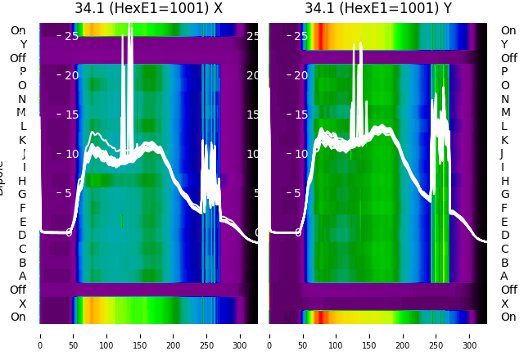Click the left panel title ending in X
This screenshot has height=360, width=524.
148,8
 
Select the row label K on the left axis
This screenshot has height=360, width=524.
22,140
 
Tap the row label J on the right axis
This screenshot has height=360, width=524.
502,153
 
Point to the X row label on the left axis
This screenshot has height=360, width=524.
22,304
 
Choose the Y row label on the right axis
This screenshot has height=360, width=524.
504,44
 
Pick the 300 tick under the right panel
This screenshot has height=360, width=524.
471,335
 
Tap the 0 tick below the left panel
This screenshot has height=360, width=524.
39,335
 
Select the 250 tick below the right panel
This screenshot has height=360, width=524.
437,335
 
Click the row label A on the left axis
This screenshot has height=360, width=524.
22,276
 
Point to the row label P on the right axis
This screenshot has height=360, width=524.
504,71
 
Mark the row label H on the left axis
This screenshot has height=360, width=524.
22,181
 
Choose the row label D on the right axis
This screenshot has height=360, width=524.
504,235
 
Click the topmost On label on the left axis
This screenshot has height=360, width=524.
18,30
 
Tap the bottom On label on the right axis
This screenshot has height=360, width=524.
508,317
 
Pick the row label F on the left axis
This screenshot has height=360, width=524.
22,208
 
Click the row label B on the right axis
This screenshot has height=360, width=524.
504,263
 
